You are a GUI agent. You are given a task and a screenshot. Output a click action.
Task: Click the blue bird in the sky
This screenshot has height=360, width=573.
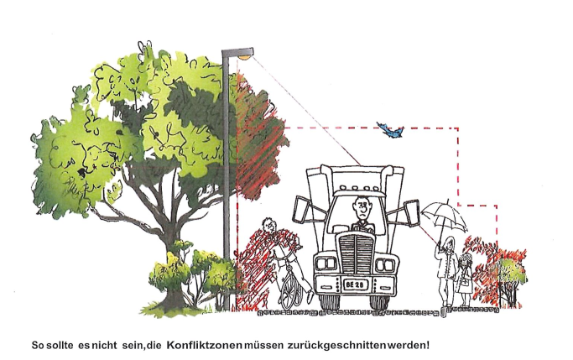[390, 130]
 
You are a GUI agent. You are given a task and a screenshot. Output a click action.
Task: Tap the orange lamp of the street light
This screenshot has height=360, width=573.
[244, 57]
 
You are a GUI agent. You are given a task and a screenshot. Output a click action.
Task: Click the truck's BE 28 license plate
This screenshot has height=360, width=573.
[355, 284]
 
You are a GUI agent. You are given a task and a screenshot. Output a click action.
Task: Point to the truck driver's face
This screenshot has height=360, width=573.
[361, 207]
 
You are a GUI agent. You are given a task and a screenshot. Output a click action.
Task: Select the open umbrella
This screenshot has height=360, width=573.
[444, 217]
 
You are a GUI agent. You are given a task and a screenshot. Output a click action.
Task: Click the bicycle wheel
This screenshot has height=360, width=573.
[291, 289]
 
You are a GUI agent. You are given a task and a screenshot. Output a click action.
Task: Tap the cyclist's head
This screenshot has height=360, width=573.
[269, 224]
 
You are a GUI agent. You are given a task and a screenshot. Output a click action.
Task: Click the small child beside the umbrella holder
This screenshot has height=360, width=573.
[464, 279]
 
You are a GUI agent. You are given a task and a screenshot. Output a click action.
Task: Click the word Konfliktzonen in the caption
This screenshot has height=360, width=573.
[204, 345]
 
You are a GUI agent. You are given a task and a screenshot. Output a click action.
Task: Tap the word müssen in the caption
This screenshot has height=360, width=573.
[264, 345]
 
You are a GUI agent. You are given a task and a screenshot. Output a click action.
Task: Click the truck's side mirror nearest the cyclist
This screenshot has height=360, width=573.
[300, 210]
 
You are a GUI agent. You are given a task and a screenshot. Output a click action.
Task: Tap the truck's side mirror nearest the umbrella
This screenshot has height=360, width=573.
[410, 212]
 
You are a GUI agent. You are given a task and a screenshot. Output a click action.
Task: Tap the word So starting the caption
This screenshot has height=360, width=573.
[38, 346]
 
